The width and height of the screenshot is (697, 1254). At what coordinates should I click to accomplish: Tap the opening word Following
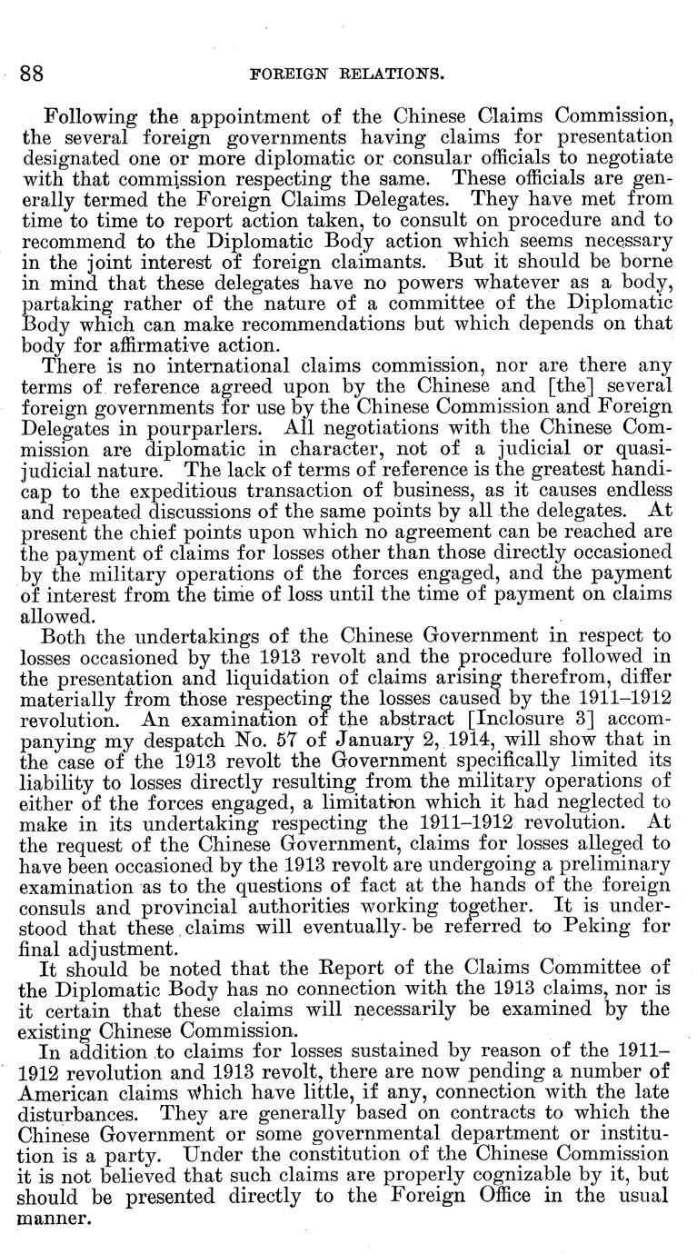[85, 118]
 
